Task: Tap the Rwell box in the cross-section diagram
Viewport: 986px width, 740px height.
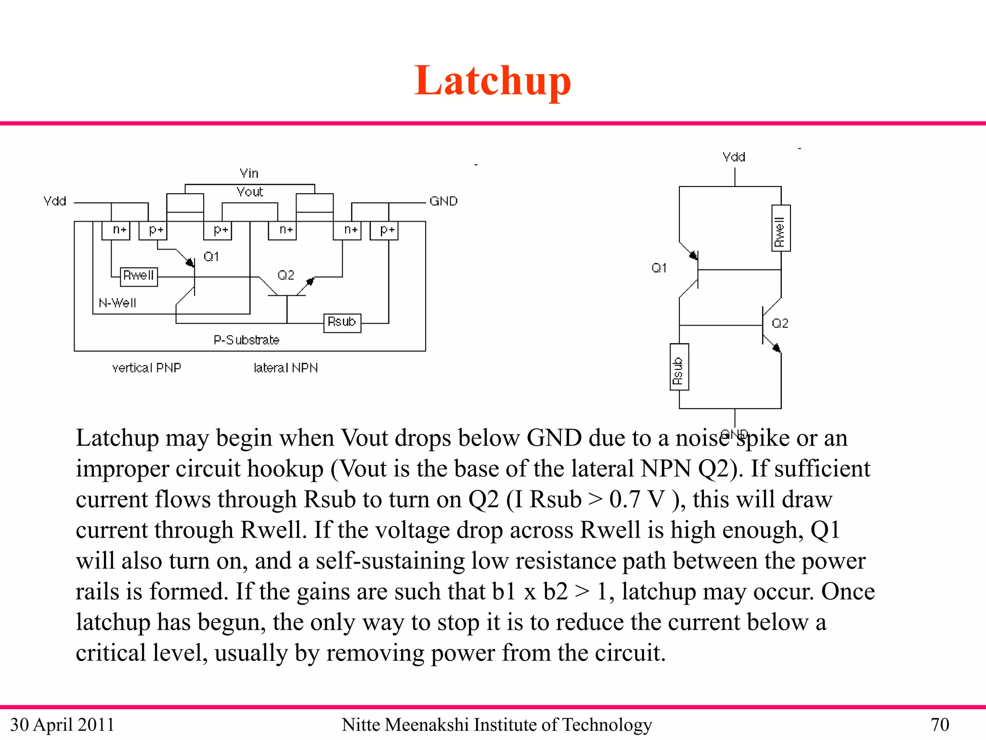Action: pyautogui.click(x=139, y=276)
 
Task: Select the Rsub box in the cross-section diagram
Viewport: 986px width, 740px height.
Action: pyautogui.click(x=342, y=322)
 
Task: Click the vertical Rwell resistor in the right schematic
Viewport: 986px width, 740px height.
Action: pyautogui.click(x=780, y=228)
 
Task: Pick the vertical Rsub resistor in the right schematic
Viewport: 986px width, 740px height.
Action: pyautogui.click(x=679, y=367)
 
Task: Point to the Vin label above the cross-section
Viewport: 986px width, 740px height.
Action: pyautogui.click(x=249, y=173)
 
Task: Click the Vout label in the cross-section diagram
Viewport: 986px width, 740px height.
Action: pyautogui.click(x=250, y=192)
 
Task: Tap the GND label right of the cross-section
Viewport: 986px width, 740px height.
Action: pyautogui.click(x=443, y=201)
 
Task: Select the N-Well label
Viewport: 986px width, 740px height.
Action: pyautogui.click(x=117, y=303)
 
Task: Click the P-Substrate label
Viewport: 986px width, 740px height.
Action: pyautogui.click(x=246, y=340)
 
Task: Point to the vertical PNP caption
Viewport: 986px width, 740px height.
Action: pyautogui.click(x=146, y=368)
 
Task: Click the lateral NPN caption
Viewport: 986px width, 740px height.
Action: pyautogui.click(x=285, y=368)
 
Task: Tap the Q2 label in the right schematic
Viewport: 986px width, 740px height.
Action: pyautogui.click(x=780, y=323)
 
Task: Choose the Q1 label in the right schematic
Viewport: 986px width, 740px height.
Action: pyautogui.click(x=659, y=268)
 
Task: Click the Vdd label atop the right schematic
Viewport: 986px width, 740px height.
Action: pyautogui.click(x=734, y=157)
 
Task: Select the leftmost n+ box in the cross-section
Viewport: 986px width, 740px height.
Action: pyautogui.click(x=116, y=230)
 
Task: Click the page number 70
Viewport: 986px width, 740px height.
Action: pyautogui.click(x=939, y=725)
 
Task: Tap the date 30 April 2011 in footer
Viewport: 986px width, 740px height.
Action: pyautogui.click(x=62, y=725)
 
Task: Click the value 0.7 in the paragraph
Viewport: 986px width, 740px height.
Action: pyautogui.click(x=624, y=500)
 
